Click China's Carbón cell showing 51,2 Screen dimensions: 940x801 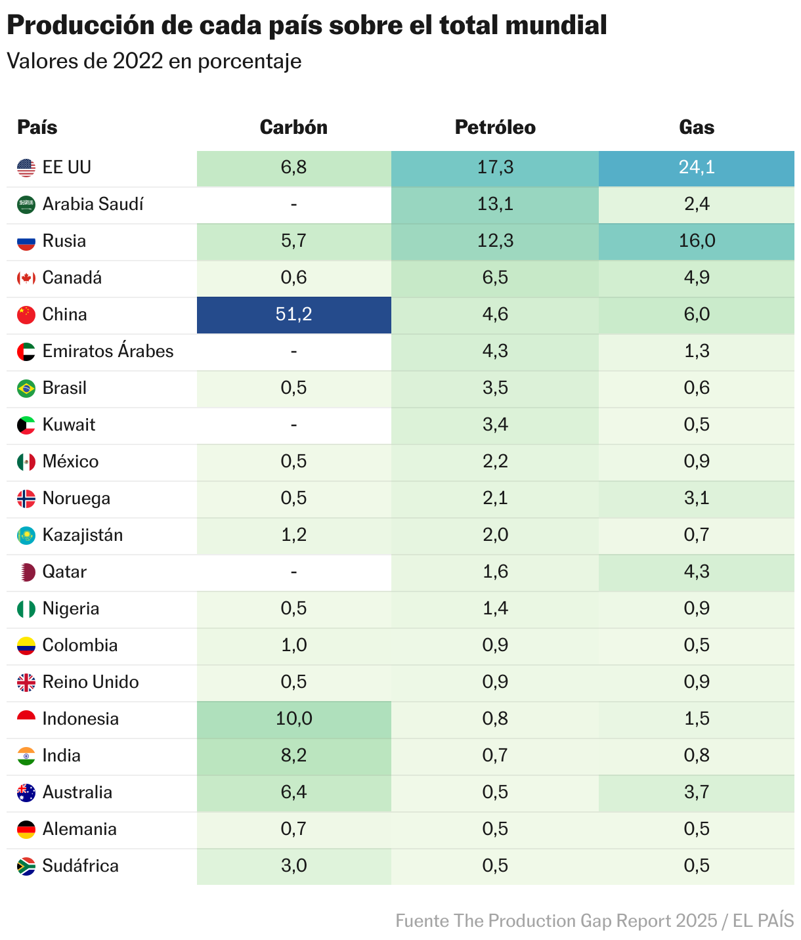click(x=293, y=314)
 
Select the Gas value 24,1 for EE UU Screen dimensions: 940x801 click(x=697, y=167)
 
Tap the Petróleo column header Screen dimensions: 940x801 click(x=495, y=127)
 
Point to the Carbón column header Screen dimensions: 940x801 click(x=293, y=127)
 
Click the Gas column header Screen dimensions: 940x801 click(x=697, y=127)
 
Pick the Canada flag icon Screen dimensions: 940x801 click(x=26, y=278)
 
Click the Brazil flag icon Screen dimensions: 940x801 click(x=26, y=389)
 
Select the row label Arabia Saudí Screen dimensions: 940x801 click(x=93, y=204)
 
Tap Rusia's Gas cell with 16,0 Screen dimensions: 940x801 click(x=697, y=241)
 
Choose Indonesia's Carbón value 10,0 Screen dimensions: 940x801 click(x=293, y=719)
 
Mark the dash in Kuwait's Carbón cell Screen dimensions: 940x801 click(x=293, y=425)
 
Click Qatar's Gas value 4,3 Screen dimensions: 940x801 click(x=697, y=572)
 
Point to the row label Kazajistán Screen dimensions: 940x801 click(x=83, y=535)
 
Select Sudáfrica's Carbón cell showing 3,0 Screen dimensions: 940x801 click(x=293, y=866)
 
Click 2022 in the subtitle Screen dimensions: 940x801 click(x=138, y=61)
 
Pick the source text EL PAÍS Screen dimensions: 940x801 click(x=764, y=921)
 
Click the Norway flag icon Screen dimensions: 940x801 click(x=26, y=499)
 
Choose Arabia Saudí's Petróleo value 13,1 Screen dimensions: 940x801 click(x=495, y=204)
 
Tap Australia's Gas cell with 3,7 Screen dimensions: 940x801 click(x=697, y=792)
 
